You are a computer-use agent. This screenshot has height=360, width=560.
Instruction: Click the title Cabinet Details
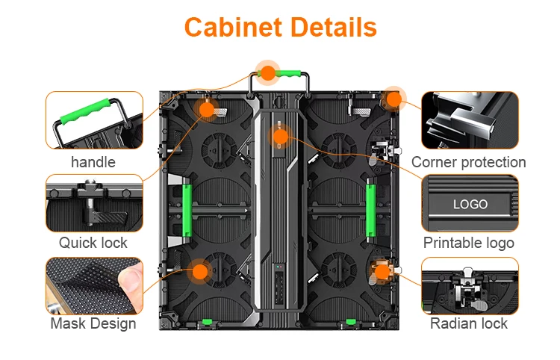coord(280,27)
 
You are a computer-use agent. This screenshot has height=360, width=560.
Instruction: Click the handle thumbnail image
coord(94,120)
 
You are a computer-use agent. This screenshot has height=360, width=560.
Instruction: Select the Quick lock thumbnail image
coord(94,203)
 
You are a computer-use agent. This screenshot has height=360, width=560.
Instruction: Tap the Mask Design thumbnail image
coord(94,286)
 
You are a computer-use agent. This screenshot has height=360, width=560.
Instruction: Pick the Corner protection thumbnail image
coord(470,120)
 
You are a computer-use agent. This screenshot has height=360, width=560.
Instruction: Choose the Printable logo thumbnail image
coord(470,203)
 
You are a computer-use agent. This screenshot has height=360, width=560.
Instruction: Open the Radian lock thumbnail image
coord(470,286)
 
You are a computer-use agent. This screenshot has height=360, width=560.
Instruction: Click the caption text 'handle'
coord(93,162)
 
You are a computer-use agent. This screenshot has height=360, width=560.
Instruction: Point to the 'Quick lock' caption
coord(93,243)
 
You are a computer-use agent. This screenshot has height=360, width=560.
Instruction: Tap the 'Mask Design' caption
coord(93,323)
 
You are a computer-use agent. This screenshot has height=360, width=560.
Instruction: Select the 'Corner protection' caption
coord(469,162)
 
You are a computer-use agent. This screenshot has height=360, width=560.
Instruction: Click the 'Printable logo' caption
coord(469,243)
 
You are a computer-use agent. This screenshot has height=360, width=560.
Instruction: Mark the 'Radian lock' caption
coord(469,323)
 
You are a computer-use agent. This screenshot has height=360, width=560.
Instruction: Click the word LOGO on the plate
coord(470,205)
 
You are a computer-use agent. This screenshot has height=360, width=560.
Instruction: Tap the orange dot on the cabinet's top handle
coord(268,73)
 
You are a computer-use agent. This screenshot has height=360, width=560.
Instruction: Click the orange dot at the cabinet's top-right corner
coord(394,99)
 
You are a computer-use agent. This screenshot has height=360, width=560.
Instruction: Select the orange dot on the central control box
coord(281,137)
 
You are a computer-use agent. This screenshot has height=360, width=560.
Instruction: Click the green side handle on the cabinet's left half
coord(187,211)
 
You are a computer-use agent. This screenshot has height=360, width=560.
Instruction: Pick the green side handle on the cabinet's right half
coord(370,211)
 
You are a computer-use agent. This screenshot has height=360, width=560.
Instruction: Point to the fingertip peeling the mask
coord(131,279)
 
